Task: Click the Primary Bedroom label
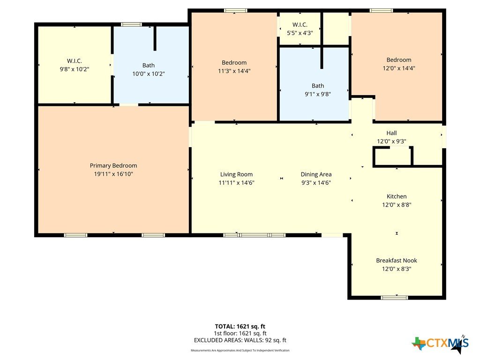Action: tap(113, 165)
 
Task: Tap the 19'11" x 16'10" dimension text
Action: tap(113, 174)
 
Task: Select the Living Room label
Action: tap(236, 174)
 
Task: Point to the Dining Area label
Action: tap(316, 174)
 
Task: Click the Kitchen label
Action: tap(397, 196)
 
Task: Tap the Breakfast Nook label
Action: tap(397, 261)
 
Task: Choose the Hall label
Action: tap(391, 133)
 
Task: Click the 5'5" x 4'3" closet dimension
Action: tap(300, 33)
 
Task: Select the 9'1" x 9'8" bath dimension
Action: tap(318, 94)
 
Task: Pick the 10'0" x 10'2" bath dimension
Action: tap(149, 74)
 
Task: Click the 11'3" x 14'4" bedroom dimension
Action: tap(234, 71)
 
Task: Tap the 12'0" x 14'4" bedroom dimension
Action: tap(399, 68)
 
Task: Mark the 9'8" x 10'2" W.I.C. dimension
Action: tap(75, 69)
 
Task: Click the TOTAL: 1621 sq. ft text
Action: tap(240, 326)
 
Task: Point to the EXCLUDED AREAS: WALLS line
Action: tap(240, 340)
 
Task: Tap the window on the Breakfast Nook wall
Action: tap(394, 297)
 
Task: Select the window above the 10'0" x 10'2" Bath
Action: tap(131, 24)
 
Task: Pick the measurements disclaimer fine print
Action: tap(240, 350)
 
